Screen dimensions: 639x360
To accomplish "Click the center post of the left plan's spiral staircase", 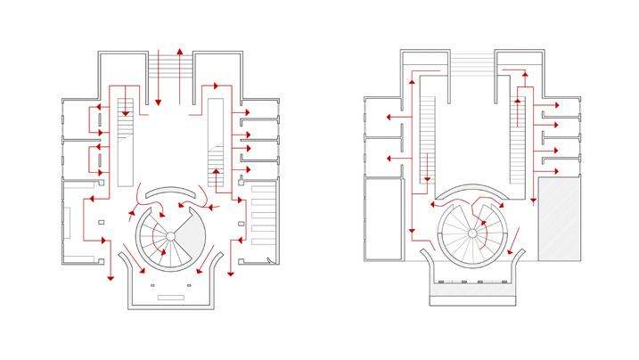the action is (x=170, y=237).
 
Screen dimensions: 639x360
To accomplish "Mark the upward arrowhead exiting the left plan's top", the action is (x=180, y=52).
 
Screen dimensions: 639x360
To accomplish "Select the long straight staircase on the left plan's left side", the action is (x=125, y=143).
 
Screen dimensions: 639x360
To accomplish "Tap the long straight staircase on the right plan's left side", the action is (x=425, y=138).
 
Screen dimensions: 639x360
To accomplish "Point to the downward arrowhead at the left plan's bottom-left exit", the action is (x=110, y=277).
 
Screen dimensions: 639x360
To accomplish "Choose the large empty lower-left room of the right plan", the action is (x=384, y=214).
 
